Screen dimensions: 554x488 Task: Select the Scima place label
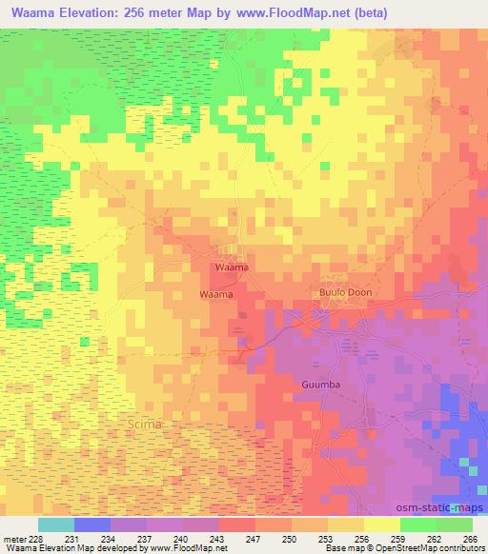(145, 423)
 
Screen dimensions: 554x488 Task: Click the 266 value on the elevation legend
(468, 539)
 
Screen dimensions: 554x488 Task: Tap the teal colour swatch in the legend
(55, 524)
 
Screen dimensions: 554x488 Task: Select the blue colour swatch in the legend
(91, 524)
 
